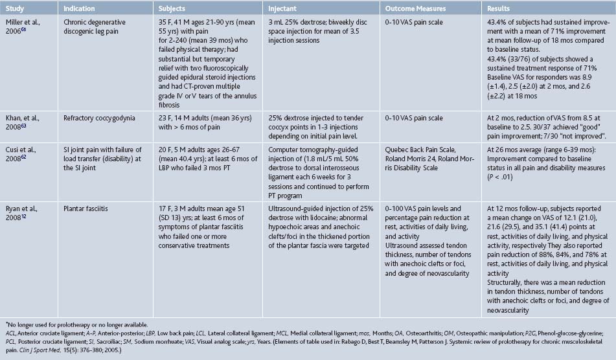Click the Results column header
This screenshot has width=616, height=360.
501,8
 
